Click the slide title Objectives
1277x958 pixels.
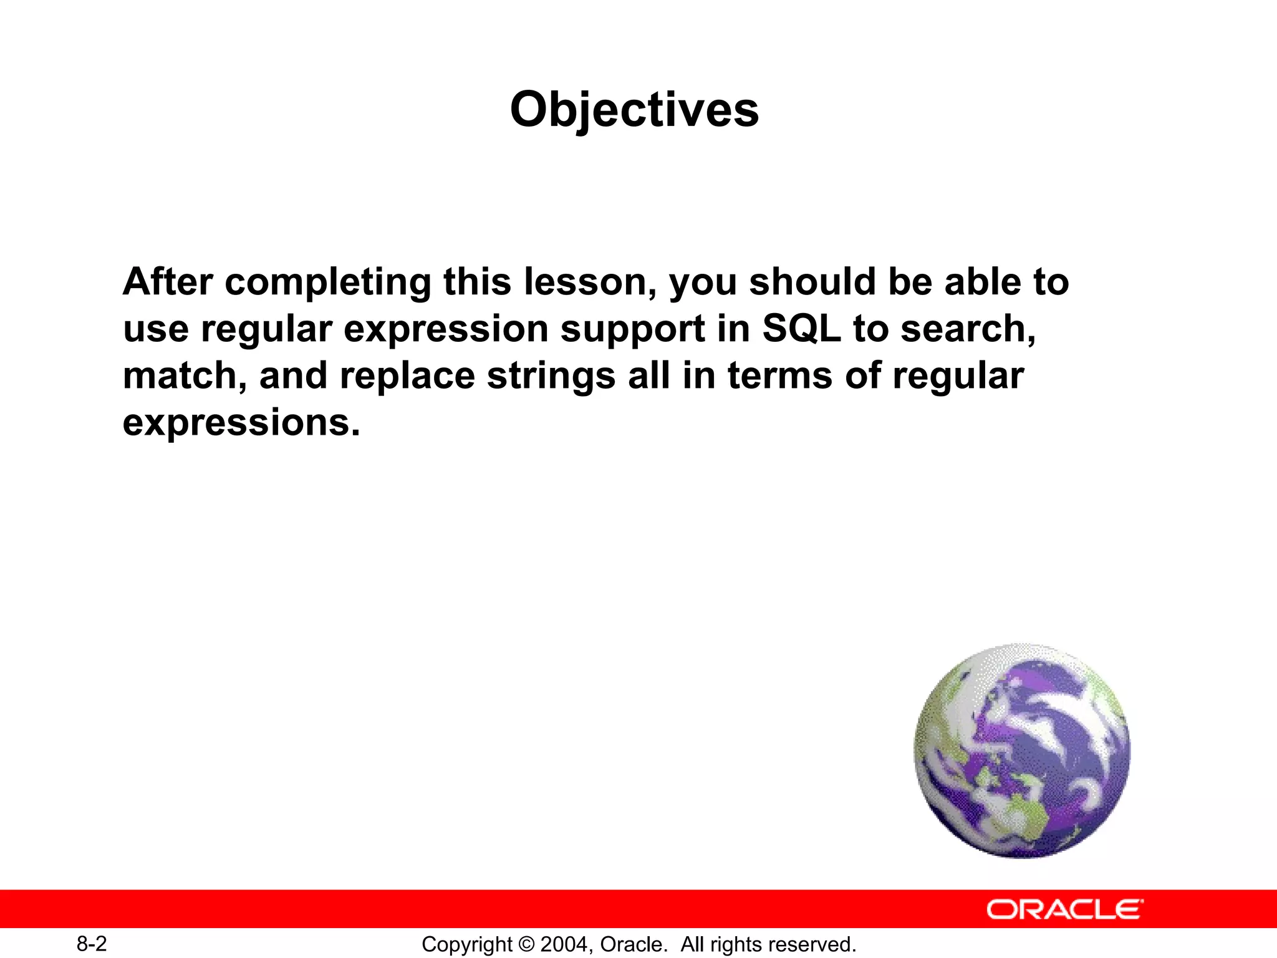click(634, 110)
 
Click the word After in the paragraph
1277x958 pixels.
click(168, 282)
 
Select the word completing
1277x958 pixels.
click(328, 283)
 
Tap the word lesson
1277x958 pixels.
click(589, 282)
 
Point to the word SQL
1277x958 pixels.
click(801, 329)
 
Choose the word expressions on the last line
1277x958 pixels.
click(241, 423)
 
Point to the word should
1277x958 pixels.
click(812, 282)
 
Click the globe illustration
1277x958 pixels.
click(1022, 751)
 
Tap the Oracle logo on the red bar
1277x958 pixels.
click(1064, 909)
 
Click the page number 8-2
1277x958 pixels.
click(92, 944)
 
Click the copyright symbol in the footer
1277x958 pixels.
click(527, 944)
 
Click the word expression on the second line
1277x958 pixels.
click(446, 330)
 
